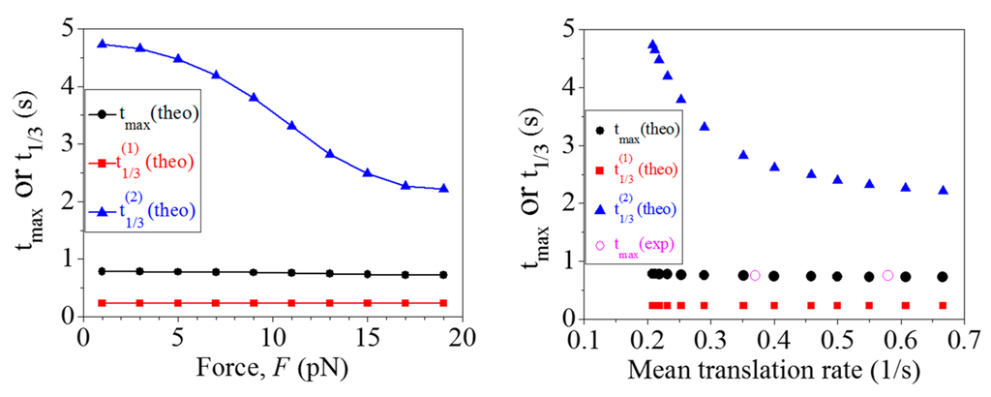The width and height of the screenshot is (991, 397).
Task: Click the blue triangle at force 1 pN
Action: [x=102, y=44]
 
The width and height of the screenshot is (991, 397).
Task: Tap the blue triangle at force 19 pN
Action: [x=443, y=188]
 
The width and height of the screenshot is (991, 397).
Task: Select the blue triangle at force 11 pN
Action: [x=291, y=126]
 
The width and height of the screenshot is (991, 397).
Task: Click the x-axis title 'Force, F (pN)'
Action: [x=272, y=370]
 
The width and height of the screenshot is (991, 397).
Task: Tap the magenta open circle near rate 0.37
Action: [x=755, y=276]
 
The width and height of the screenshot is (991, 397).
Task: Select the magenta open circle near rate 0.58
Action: [x=887, y=275]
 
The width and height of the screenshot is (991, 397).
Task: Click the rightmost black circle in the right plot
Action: [x=943, y=277]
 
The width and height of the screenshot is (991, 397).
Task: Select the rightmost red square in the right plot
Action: [x=943, y=305]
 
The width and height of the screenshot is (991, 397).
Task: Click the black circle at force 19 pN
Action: [x=443, y=275]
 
